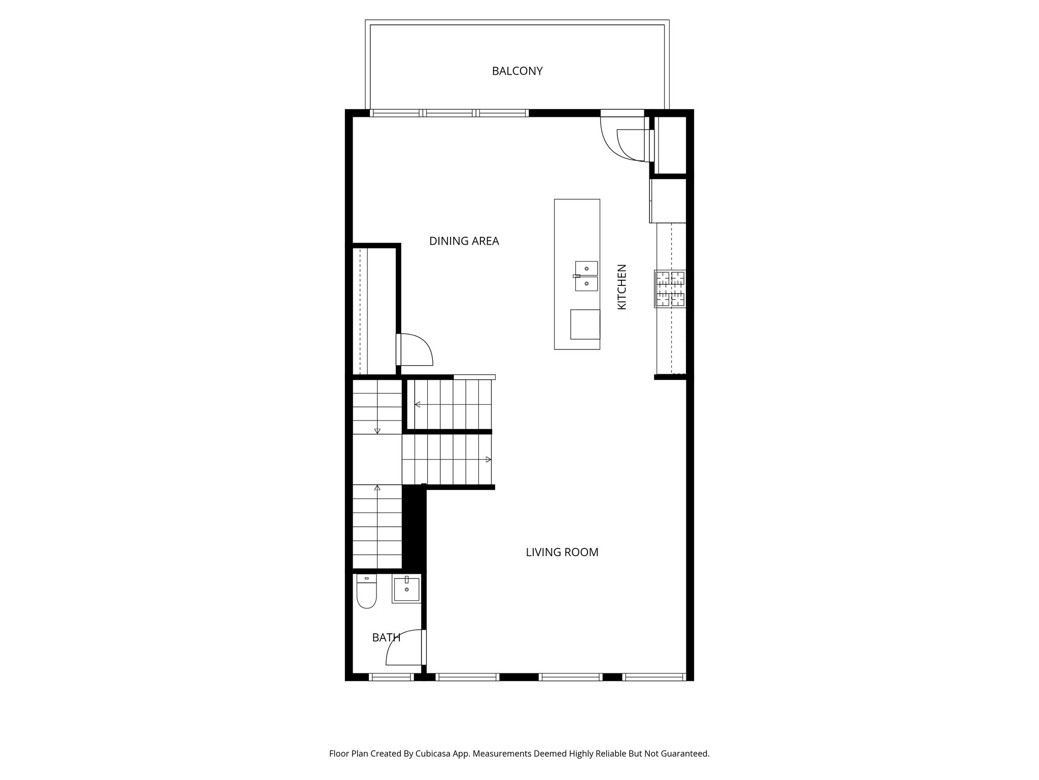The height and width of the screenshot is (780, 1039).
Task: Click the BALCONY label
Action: [517, 71]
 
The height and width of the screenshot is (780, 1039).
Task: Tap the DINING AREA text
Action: [464, 241]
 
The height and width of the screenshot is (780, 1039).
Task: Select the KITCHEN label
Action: [621, 287]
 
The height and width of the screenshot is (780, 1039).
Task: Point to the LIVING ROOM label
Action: [562, 552]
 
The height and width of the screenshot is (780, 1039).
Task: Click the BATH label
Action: [386, 637]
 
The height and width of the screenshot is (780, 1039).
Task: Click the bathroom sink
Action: [406, 590]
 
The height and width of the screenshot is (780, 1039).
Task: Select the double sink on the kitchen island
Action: [586, 276]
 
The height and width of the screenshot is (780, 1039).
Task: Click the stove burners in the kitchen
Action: [670, 289]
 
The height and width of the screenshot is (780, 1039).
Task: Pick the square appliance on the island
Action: [584, 324]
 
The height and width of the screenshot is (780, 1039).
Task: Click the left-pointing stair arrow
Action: [418, 405]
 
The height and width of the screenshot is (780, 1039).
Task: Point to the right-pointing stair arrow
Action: [488, 460]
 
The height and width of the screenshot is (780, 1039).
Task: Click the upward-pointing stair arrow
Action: [377, 488]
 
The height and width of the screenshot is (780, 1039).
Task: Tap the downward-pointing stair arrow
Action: [377, 431]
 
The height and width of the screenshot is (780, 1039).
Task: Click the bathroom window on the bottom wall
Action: [391, 677]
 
